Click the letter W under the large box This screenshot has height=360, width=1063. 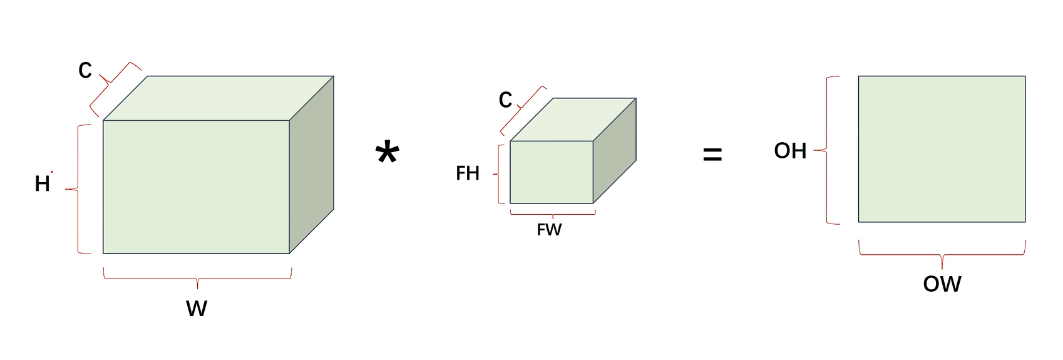click(x=197, y=308)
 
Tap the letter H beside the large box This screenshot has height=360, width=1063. click(x=42, y=183)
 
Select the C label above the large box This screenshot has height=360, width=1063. click(x=85, y=70)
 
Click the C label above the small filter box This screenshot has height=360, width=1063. click(x=505, y=100)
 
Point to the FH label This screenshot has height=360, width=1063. click(x=468, y=173)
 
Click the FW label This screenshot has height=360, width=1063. click(x=549, y=230)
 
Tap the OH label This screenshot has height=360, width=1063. click(x=790, y=151)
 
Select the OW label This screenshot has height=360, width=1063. click(x=942, y=284)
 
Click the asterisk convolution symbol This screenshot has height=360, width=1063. click(x=388, y=153)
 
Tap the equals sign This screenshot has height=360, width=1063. click(x=712, y=155)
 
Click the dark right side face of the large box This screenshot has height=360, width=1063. click(x=311, y=165)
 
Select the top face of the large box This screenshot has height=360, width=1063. click(x=218, y=98)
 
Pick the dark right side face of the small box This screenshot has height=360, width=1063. click(x=614, y=150)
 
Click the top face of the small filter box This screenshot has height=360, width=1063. click(x=573, y=119)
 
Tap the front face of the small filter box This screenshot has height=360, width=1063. click(x=551, y=172)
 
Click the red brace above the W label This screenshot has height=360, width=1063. click(x=197, y=276)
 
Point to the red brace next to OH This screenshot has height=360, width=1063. click(x=828, y=150)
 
